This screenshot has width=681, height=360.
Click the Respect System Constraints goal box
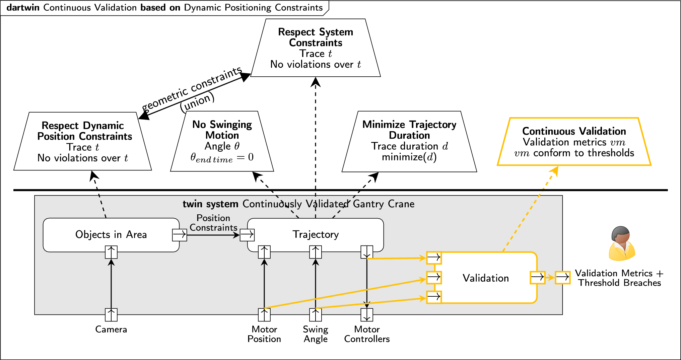[316, 48]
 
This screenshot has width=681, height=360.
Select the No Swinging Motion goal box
[222, 141]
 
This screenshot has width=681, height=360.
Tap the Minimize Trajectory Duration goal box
[409, 141]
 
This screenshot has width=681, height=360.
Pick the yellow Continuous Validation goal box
[574, 142]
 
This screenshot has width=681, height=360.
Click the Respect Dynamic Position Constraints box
[83, 141]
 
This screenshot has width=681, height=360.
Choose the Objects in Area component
[111, 235]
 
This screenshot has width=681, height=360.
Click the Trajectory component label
[316, 234]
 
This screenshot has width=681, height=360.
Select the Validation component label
[486, 278]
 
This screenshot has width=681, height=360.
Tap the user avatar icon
[622, 243]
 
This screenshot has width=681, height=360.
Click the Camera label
[111, 330]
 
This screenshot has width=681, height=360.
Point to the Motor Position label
[264, 334]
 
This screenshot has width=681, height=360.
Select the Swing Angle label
[316, 334]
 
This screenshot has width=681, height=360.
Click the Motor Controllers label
[367, 334]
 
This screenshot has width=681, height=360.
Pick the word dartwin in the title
[23, 8]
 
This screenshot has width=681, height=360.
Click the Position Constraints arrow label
[213, 223]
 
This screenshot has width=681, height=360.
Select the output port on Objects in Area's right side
[180, 235]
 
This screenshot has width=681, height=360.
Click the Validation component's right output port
[538, 278]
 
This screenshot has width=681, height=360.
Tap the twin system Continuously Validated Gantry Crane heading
[298, 204]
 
